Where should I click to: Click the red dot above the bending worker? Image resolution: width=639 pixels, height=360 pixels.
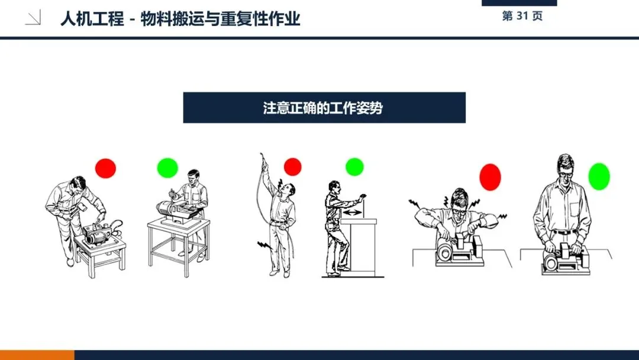tap(105, 168)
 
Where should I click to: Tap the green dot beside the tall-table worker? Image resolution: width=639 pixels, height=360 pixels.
tap(167, 168)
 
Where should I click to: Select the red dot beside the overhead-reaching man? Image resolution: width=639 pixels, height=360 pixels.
tap(293, 167)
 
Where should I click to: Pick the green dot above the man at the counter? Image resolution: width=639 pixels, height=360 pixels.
tap(354, 167)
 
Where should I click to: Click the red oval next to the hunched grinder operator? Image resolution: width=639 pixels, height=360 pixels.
tap(490, 178)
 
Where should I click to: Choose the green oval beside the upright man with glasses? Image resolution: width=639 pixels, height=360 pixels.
tap(599, 176)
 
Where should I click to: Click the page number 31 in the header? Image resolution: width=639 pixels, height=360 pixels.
tap(522, 16)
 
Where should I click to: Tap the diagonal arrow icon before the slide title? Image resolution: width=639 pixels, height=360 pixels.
tap(33, 18)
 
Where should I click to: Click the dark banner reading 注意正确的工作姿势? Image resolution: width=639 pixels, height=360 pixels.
tap(324, 108)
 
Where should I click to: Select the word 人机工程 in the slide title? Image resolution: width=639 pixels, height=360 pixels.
tap(92, 19)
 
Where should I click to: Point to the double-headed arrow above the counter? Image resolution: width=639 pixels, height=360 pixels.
tap(353, 213)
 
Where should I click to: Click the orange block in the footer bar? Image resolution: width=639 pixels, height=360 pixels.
tap(37, 355)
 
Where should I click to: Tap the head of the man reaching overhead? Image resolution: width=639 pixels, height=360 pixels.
tap(288, 189)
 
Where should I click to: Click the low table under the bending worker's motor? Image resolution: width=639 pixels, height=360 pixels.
tap(100, 255)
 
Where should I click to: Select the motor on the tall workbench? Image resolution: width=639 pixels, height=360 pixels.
tap(175, 210)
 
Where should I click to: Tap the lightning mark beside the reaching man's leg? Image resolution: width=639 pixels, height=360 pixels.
tap(264, 245)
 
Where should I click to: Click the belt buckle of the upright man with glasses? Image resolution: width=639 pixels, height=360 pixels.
tap(564, 232)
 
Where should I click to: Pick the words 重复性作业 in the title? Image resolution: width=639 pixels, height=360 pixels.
tap(260, 19)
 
